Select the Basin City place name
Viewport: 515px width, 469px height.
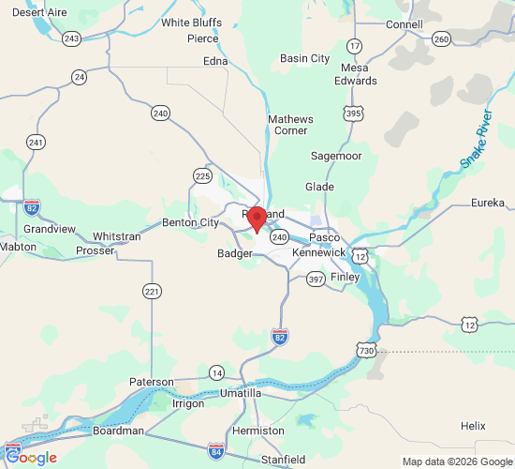[x=304, y=58]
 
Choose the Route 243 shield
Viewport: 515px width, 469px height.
[x=72, y=38]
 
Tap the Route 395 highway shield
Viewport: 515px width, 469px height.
[x=352, y=113]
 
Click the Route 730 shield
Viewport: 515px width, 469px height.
[x=365, y=349]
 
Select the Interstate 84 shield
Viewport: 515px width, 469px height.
[x=215, y=451]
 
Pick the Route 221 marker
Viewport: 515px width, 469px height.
[x=152, y=293]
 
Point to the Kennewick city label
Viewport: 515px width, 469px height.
[x=318, y=253]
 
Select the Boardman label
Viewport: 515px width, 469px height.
[x=119, y=431]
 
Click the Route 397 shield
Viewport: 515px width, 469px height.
[x=316, y=279]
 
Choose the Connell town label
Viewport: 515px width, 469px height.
[x=404, y=24]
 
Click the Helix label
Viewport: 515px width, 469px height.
[x=473, y=426]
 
